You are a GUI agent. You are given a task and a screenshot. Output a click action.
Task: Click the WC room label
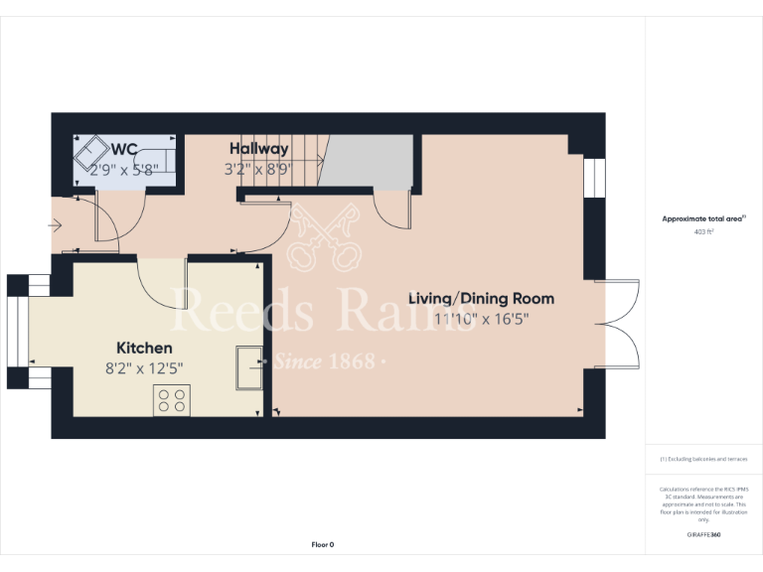click(x=123, y=149)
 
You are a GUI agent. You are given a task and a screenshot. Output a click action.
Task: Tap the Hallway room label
click(x=258, y=149)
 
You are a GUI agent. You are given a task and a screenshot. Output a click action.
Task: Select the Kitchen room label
click(x=144, y=348)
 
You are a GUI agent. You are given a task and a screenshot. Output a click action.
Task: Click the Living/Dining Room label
click(x=482, y=298)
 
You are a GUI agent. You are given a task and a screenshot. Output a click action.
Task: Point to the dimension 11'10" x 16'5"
click(x=482, y=319)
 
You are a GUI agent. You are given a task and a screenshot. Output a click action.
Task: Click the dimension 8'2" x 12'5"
click(x=144, y=368)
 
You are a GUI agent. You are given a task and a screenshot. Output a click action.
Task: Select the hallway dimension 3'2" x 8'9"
click(x=257, y=169)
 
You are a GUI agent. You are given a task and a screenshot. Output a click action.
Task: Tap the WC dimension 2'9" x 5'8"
click(x=124, y=169)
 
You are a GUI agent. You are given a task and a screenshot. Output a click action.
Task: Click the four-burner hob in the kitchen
click(x=172, y=399)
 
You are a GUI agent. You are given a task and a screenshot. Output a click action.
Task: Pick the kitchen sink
click(x=247, y=368)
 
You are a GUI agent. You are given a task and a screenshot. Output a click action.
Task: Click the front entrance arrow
click(x=56, y=227)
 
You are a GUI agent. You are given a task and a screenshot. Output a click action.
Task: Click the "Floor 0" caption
click(x=323, y=544)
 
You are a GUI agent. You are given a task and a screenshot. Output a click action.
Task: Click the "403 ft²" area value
click(x=703, y=230)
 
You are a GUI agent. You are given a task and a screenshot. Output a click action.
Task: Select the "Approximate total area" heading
click(x=702, y=218)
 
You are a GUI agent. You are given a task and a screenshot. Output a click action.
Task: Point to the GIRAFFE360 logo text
click(x=703, y=535)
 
